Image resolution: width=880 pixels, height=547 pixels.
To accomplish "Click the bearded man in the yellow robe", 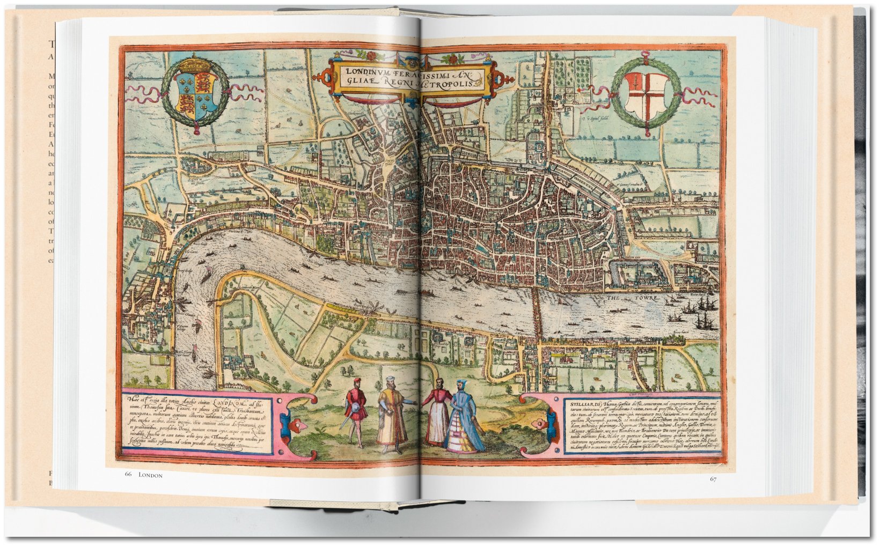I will point(392,412).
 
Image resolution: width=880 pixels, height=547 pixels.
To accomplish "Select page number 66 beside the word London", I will point(128,475).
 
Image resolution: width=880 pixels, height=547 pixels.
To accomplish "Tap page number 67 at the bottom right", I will point(713,479).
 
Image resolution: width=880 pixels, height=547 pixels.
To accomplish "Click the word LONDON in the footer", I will point(150,475).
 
